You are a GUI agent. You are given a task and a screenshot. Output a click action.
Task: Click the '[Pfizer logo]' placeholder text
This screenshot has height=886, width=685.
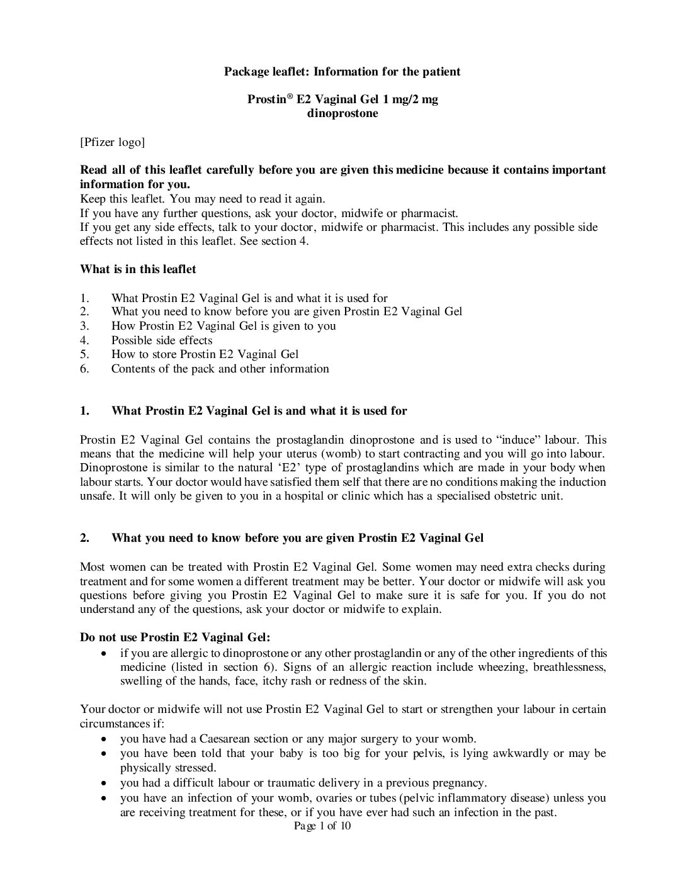pos(112,142)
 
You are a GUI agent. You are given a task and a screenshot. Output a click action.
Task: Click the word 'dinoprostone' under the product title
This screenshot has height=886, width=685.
pos(342,114)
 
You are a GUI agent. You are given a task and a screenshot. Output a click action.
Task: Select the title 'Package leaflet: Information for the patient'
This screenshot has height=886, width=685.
pos(342,72)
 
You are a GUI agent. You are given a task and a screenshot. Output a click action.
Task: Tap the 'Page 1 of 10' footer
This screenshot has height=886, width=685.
pos(322,826)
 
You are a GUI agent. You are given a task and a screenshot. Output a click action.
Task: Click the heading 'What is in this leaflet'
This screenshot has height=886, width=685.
pos(138,269)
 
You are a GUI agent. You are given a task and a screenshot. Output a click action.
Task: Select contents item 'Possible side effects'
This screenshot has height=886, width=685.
pos(162,340)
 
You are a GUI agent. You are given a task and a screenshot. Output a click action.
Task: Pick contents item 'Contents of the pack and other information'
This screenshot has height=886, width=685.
pos(220,369)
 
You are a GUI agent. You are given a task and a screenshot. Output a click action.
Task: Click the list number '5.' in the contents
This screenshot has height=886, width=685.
pos(85,354)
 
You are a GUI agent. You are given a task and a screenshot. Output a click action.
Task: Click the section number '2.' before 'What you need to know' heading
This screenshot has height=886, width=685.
pos(85,538)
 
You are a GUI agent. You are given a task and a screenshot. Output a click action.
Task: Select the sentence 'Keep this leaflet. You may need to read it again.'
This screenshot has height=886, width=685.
pos(202,198)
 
